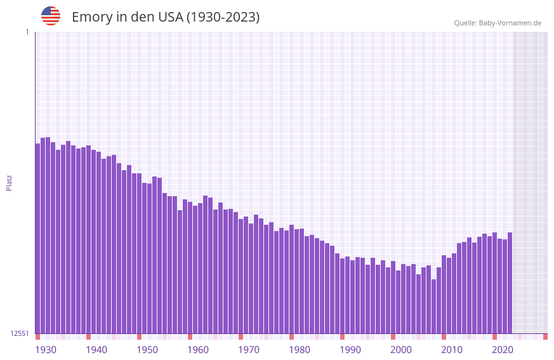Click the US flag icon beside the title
pos(51,16)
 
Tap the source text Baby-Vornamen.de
pos(510,23)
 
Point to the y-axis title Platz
pos(9,183)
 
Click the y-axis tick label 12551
pos(20,333)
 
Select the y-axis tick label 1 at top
pos(27,32)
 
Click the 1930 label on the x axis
pos(46,350)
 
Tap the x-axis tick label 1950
pos(147,350)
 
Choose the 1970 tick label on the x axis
pos(249,350)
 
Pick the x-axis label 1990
pos(350,350)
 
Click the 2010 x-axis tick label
pos(452,350)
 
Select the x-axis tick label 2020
pos(503,350)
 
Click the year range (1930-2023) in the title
pos(223,17)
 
